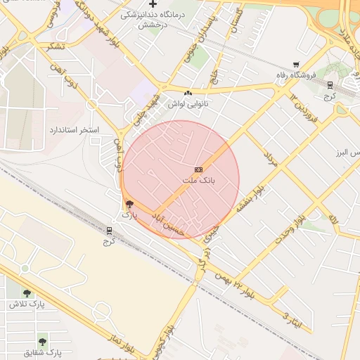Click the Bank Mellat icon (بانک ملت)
(198, 169)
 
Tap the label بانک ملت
(198, 181)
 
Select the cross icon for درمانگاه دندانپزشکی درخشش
(153, 4)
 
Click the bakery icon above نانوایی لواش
(188, 94)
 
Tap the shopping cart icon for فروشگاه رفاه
(296, 65)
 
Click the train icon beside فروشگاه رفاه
(330, 84)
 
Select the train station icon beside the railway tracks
(109, 230)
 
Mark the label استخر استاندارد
(74, 131)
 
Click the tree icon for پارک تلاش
(27, 293)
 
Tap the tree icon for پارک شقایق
(43, 341)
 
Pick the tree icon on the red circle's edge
(128, 204)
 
